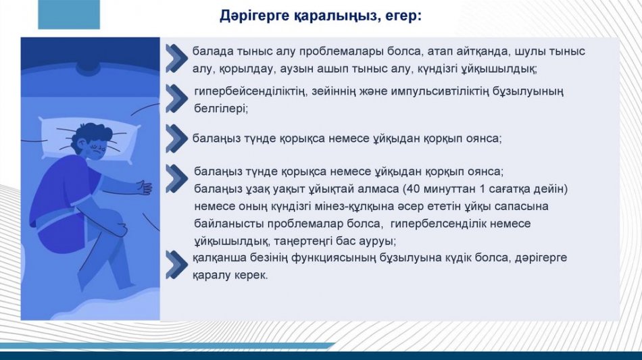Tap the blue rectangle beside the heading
coord(69,14)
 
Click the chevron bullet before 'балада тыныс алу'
coord(177,59)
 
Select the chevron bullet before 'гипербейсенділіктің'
coord(177,98)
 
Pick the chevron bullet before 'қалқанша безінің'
coord(177,265)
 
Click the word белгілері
coord(221,109)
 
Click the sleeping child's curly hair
coord(92,134)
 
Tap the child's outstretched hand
coord(144,187)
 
